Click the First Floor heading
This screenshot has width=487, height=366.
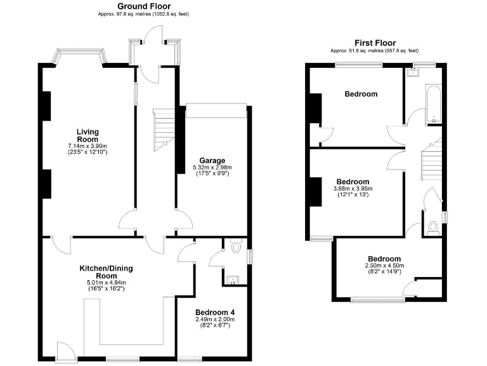pyautogui.click(x=375, y=43)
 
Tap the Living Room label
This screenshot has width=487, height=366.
pyautogui.click(x=88, y=135)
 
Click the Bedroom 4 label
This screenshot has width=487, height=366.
pyautogui.click(x=215, y=312)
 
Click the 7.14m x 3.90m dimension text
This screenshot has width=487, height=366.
pyautogui.click(x=88, y=147)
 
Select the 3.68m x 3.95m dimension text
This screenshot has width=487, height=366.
pyautogui.click(x=353, y=188)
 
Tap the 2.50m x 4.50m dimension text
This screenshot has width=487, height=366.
pyautogui.click(x=384, y=266)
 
